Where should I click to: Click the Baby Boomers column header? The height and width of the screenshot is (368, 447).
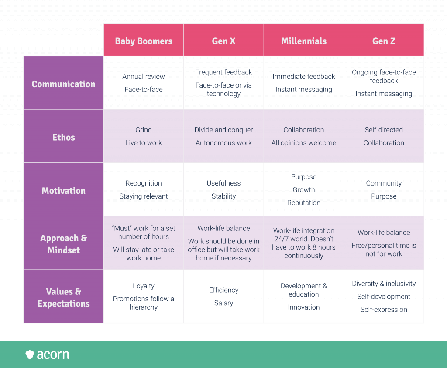144,41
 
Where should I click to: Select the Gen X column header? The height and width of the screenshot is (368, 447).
223,41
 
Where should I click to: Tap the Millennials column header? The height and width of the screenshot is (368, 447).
304,41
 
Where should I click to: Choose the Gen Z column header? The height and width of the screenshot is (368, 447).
384,41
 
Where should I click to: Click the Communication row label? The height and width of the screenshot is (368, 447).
63,84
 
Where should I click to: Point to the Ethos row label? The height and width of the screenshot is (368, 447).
63,137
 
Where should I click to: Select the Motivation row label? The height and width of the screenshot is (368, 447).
63,191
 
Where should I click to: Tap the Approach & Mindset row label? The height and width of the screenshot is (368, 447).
63,244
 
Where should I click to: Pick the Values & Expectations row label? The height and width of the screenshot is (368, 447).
63,297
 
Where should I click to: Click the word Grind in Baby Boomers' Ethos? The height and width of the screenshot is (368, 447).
144,130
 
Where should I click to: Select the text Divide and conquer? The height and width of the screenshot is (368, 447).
223,130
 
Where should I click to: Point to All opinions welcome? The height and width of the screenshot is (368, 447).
304,143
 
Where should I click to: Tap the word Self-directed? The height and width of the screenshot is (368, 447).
384,130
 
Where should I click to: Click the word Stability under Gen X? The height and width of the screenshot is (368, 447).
223,196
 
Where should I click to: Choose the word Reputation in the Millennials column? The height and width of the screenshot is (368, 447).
304,203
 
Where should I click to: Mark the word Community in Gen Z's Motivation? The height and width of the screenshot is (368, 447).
384,183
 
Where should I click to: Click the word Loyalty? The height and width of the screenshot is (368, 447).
144,286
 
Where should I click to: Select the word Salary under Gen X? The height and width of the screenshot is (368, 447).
223,303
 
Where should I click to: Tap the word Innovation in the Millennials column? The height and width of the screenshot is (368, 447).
304,307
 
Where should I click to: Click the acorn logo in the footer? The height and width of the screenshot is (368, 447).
47,354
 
